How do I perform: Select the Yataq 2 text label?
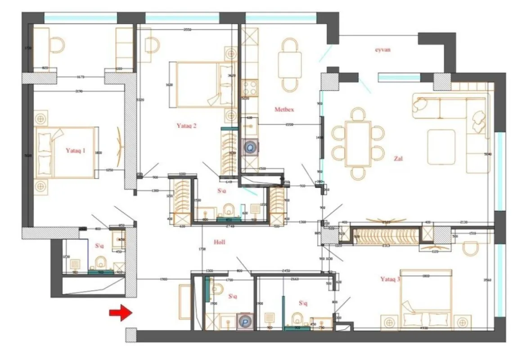coord(186,126)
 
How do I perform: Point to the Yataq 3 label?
coord(390,279)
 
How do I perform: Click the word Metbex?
coord(284,109)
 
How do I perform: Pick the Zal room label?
coord(398,158)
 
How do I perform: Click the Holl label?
coord(219,242)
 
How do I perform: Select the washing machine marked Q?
coord(250,147)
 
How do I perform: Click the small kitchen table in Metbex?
coord(289,64)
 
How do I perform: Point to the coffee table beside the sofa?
coord(441,147)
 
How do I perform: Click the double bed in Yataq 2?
coord(202,85)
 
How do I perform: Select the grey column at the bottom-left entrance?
coord(130,334)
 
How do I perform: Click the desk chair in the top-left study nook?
coord(57,45)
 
